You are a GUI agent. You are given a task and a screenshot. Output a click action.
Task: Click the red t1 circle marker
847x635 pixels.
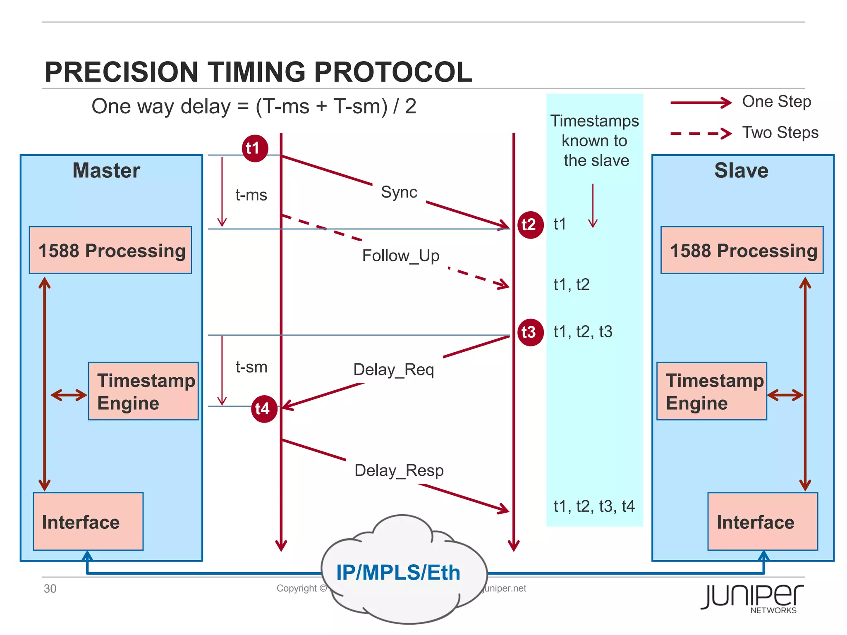pos(255,148)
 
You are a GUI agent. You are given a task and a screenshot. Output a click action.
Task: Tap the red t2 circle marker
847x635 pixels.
pos(530,225)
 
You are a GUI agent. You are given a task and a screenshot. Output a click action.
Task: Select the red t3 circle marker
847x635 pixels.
pos(530,332)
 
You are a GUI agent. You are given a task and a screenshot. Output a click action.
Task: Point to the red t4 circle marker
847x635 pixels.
pos(264,409)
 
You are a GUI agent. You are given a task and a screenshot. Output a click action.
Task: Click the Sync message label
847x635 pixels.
pos(399,192)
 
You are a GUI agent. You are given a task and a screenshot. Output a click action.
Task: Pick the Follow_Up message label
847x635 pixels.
pos(400,256)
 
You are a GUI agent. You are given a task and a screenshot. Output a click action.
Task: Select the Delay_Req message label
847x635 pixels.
pos(393,370)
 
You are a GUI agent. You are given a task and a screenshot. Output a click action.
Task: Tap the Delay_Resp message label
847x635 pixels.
pos(399,470)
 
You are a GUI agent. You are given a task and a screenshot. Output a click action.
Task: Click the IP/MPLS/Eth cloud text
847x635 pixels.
pos(398,573)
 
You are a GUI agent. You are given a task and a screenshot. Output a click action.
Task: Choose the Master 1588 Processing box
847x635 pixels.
pos(110,250)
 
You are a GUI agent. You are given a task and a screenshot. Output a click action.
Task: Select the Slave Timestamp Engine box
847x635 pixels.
pos(711,391)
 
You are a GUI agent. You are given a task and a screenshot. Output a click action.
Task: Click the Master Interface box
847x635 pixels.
pos(88,521)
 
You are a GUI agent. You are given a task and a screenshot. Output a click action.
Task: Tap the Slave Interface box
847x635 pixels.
pos(762,521)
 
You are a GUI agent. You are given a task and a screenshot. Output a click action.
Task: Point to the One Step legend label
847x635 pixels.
pos(776,102)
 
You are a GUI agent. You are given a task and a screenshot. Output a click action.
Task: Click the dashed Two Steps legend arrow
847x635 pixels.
pos(701,133)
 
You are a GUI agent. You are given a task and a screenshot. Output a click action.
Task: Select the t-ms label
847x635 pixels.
pos(251,195)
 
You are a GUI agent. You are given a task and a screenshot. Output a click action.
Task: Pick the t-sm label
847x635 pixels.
pos(251,367)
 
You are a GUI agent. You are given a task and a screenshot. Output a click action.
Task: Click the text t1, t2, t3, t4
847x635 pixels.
pos(594,506)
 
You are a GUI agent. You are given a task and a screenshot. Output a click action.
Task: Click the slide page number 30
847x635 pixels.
pos(50,589)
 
